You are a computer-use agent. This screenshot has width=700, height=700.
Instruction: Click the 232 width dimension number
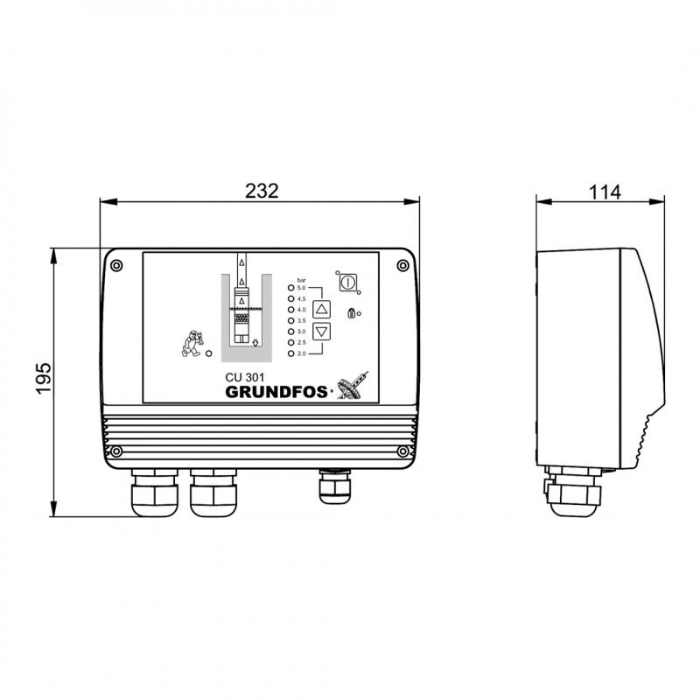pos(262,191)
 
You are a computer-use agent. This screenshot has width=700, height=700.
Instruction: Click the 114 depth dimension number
pos(605,192)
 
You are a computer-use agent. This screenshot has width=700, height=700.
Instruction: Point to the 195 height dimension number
pos(44,379)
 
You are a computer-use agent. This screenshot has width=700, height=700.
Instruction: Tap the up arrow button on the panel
pos(321,309)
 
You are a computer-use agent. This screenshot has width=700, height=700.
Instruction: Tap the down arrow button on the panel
pos(321,332)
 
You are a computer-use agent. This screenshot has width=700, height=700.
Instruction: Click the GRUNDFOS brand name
pos(276,392)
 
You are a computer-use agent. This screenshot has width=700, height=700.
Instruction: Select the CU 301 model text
pos(245,377)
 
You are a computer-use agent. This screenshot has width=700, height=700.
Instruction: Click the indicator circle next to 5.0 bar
pos(291,288)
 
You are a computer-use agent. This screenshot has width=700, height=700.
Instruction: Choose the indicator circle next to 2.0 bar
pos(291,353)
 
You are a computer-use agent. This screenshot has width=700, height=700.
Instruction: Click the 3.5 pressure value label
pos(301,320)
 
